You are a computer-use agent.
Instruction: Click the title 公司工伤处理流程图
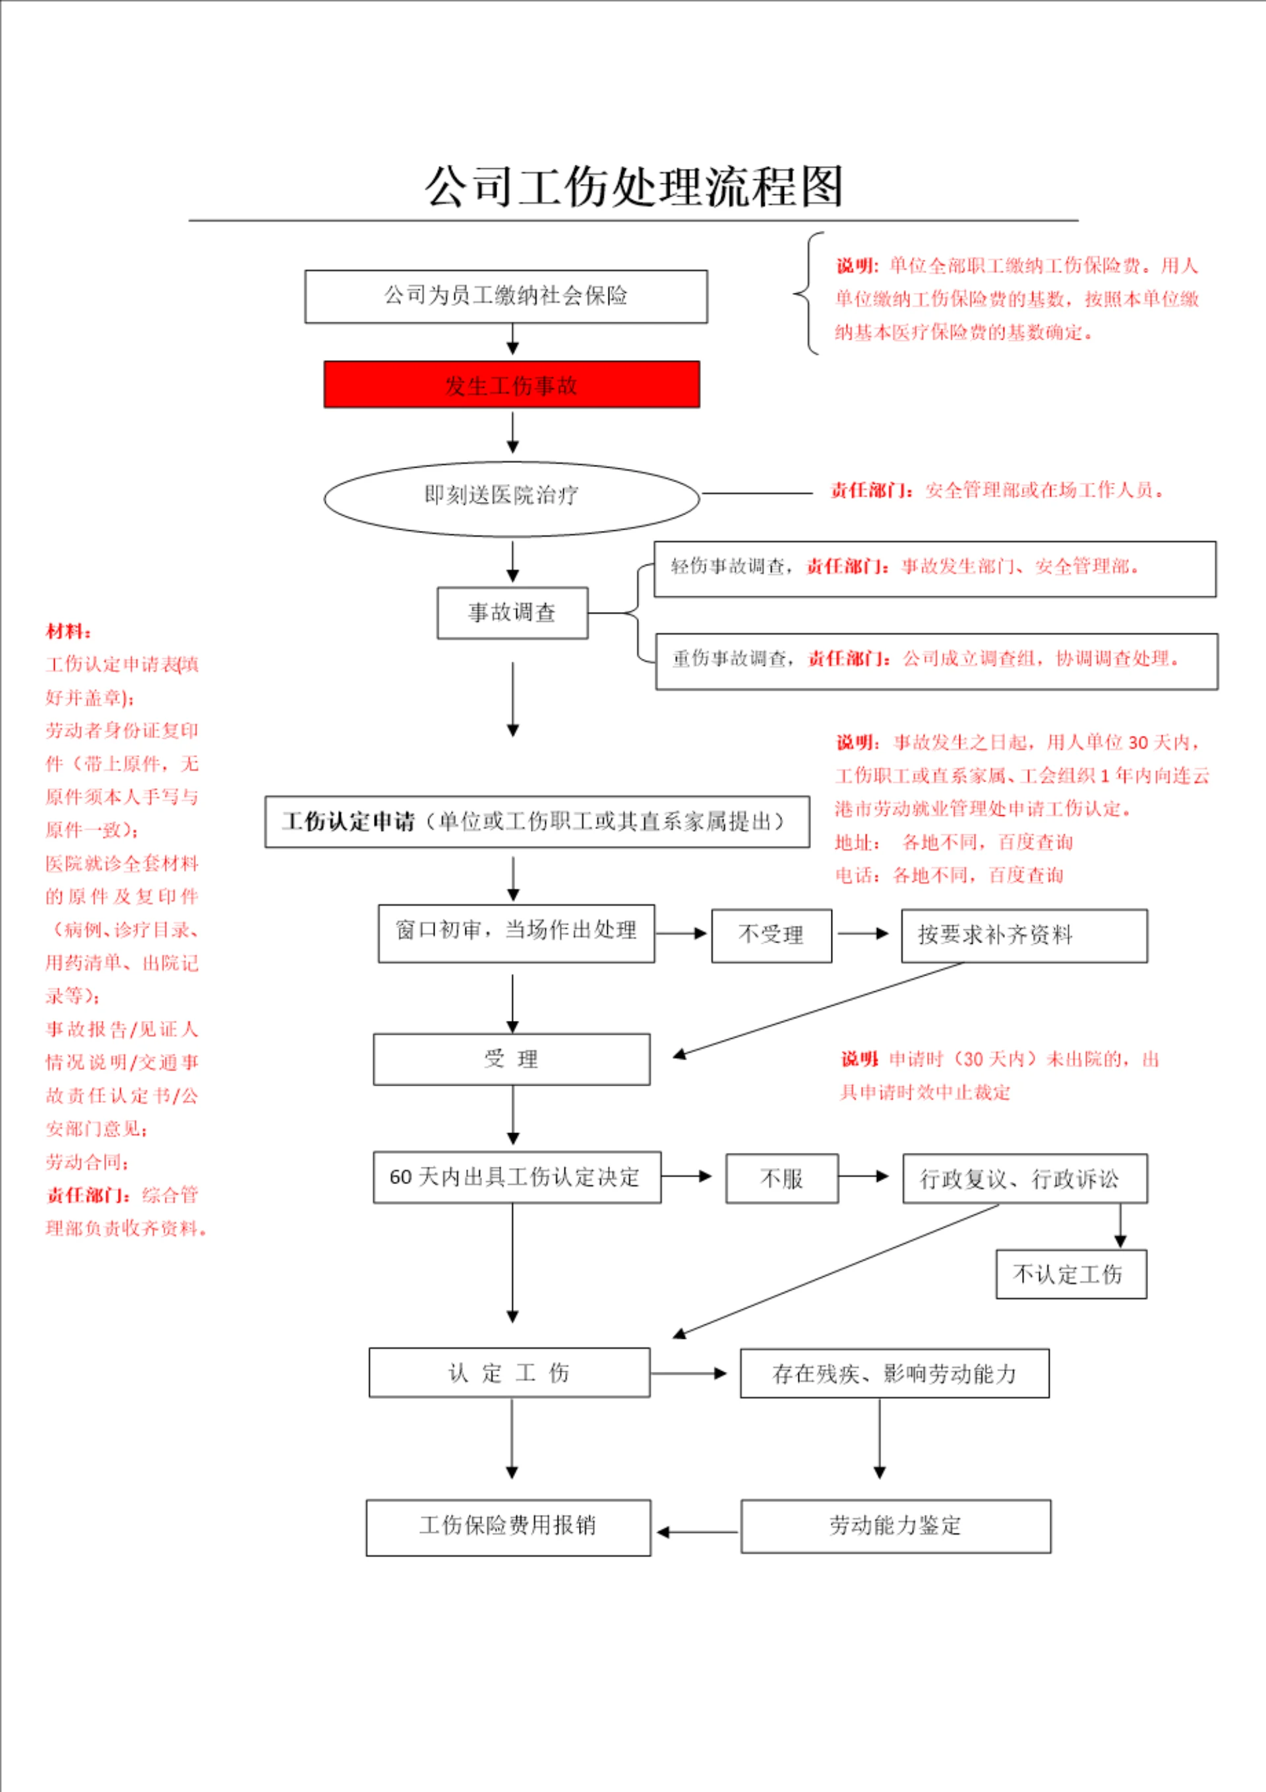tap(633, 187)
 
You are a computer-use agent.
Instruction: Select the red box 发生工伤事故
tap(511, 385)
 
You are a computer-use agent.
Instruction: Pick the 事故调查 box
tap(512, 613)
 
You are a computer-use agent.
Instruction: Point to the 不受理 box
tap(771, 935)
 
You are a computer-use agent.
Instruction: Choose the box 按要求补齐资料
tap(1024, 935)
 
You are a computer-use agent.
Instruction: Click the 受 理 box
tap(511, 1059)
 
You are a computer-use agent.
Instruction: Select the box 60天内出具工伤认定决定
tap(517, 1177)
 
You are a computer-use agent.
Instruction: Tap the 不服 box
tap(782, 1179)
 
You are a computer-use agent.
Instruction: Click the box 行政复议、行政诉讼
tap(1025, 1179)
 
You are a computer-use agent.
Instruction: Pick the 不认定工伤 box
tap(1071, 1274)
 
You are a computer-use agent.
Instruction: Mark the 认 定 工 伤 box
tap(509, 1372)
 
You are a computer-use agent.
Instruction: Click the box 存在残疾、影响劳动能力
tap(895, 1374)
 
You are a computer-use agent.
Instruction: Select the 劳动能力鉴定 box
tap(895, 1526)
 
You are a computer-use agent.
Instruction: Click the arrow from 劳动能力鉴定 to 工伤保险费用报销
tap(697, 1531)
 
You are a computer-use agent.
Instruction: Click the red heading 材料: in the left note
tap(69, 631)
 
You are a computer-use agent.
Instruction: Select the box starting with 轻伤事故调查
tap(934, 569)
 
